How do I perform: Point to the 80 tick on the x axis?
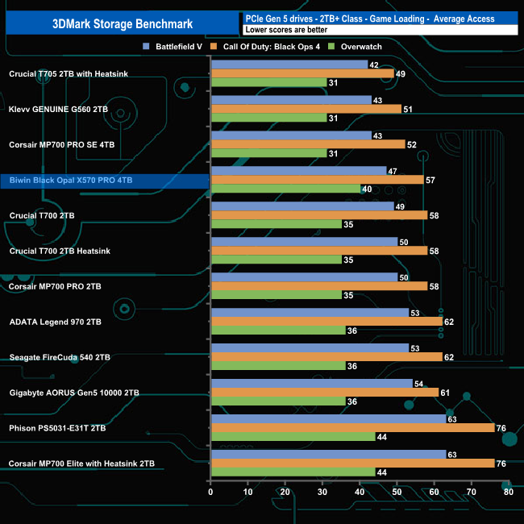(x=508, y=492)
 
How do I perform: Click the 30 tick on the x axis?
(x=322, y=492)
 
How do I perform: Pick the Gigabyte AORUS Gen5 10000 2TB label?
(x=74, y=393)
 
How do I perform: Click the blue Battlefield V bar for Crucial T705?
(x=288, y=64)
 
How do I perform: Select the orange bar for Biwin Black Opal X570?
(x=317, y=180)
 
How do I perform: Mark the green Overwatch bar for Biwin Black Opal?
(x=285, y=189)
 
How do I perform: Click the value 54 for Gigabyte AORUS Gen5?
(x=418, y=384)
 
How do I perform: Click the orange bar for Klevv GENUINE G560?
(x=306, y=109)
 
